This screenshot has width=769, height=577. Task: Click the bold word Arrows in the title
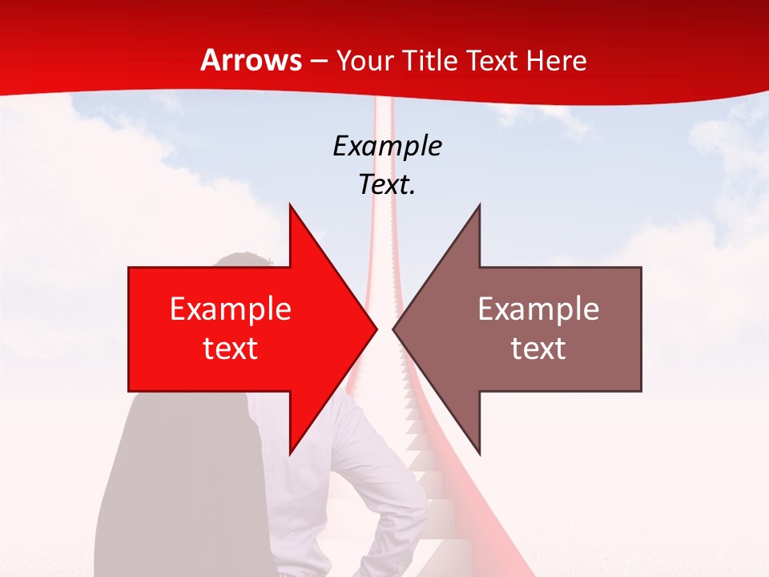[x=251, y=60]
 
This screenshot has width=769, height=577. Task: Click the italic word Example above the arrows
[x=387, y=146]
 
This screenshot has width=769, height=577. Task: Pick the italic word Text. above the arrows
[x=387, y=184]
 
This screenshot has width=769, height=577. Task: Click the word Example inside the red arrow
[x=231, y=309]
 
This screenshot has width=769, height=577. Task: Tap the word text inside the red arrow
[x=231, y=349]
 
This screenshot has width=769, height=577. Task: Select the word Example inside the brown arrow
[x=538, y=309]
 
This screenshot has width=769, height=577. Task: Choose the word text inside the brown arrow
[x=538, y=349]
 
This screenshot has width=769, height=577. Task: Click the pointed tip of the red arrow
[x=376, y=329]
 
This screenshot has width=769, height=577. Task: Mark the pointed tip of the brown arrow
[x=393, y=329]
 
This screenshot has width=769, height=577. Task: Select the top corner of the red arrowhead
[x=290, y=205]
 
